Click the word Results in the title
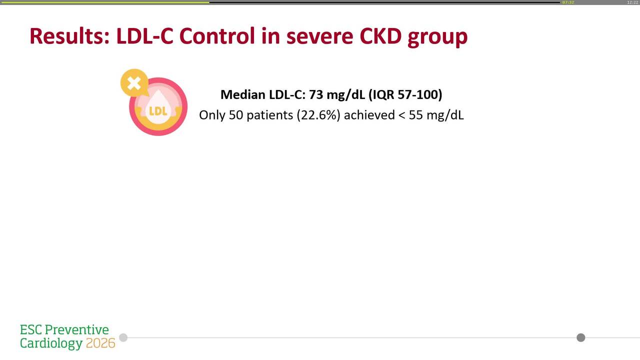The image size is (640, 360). (x=69, y=36)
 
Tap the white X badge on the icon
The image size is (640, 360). (x=134, y=83)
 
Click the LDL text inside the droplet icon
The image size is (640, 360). (x=158, y=111)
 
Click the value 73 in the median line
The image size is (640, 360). (x=316, y=94)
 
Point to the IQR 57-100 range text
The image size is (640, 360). (x=405, y=94)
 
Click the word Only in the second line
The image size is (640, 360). (x=212, y=115)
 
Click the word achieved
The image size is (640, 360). (x=369, y=115)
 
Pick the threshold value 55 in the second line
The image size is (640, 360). (x=416, y=115)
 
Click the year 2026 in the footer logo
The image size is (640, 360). (x=100, y=343)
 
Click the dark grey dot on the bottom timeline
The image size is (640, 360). (x=580, y=337)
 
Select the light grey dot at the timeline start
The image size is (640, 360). (x=123, y=337)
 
